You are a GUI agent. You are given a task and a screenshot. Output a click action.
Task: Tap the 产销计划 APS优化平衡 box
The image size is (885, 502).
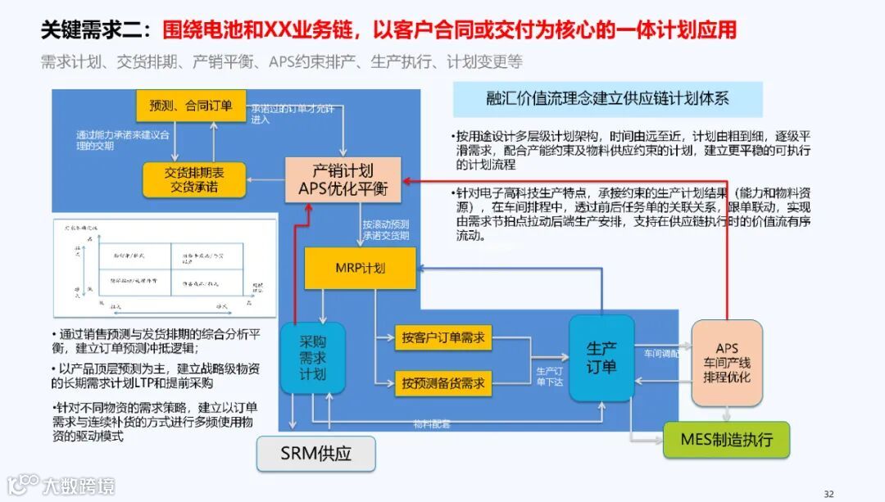tap(343, 180)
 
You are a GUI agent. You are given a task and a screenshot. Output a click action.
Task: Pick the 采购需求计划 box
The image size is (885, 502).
tap(312, 358)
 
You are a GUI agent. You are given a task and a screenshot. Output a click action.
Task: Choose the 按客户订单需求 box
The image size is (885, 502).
tap(443, 337)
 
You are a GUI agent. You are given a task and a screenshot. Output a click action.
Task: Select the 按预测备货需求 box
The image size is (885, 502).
tap(443, 382)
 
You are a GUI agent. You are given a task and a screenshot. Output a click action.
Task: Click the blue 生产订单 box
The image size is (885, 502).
tap(601, 358)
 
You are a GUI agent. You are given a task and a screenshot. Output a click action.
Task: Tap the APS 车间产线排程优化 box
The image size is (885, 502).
tap(727, 363)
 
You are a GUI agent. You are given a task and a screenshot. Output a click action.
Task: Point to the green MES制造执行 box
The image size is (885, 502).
tap(726, 440)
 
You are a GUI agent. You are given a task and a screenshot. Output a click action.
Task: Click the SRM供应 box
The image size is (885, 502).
tap(315, 454)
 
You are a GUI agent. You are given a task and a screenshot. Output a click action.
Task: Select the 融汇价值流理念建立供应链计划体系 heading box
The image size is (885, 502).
tap(608, 99)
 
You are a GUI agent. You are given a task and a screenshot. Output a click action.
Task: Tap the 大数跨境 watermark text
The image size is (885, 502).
tap(79, 486)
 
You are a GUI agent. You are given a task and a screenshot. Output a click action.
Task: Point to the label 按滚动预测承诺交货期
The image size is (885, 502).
tap(386, 230)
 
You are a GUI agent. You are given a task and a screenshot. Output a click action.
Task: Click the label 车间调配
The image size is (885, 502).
tap(661, 354)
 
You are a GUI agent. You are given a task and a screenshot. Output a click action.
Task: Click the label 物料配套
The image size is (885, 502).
tap(431, 424)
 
